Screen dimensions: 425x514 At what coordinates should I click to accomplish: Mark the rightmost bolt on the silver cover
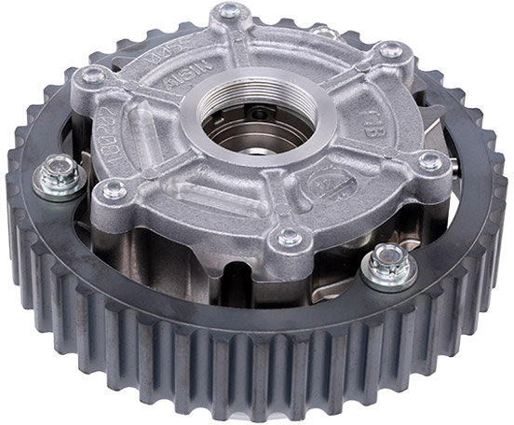(430, 160)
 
